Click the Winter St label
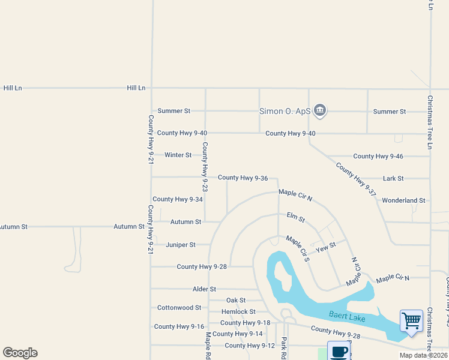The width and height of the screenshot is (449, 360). tap(178, 155)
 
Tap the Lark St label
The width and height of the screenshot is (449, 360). tap(393, 178)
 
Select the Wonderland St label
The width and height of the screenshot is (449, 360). tap(403, 200)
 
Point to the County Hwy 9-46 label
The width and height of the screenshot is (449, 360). tap(378, 156)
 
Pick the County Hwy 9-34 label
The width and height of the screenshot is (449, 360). tap(177, 199)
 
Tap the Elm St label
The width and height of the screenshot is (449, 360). tap(296, 217)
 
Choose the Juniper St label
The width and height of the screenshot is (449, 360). tap(180, 245)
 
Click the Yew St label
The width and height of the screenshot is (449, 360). tap(326, 247)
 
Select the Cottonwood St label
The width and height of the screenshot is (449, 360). tap(179, 308)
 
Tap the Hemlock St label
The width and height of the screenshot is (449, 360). tap(238, 311)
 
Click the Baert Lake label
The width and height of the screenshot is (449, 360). tap(347, 316)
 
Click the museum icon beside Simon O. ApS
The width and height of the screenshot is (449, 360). tap(320, 110)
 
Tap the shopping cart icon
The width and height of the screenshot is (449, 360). tap(411, 320)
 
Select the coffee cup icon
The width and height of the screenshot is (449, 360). tap(339, 351)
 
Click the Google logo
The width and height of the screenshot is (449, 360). tap(20, 353)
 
